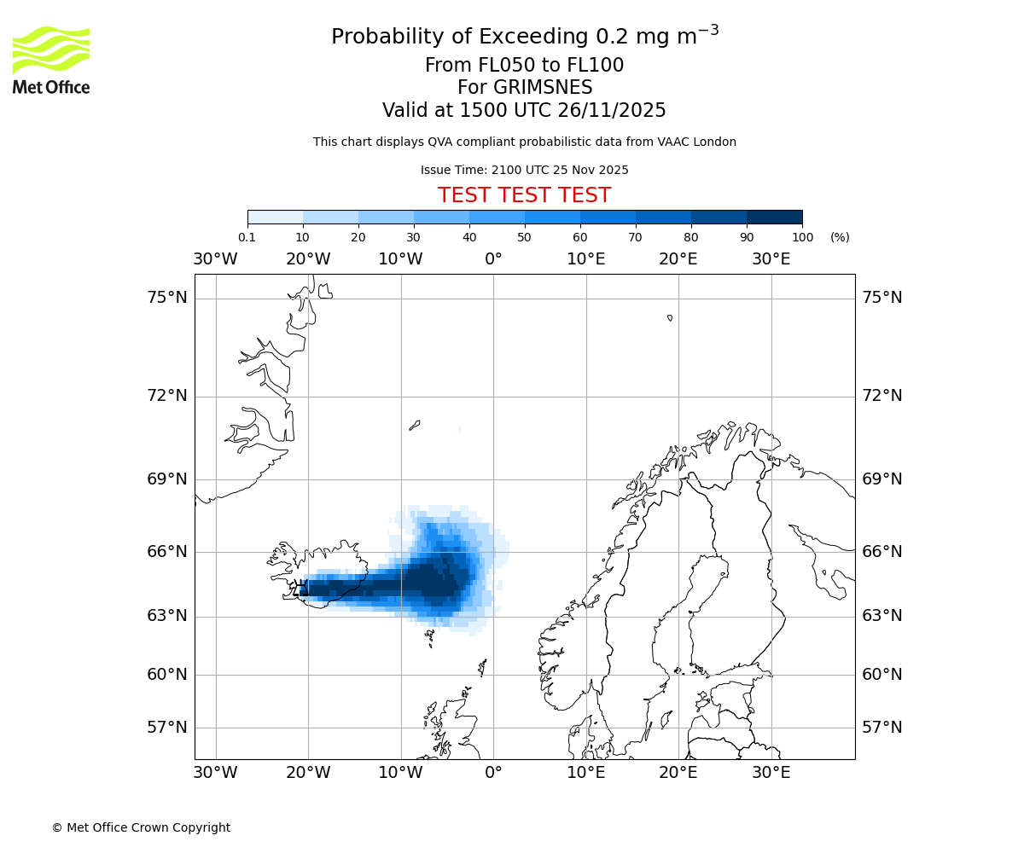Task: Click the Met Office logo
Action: tap(51, 60)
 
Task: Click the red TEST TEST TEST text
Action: tap(524, 195)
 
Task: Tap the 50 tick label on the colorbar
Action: tap(524, 237)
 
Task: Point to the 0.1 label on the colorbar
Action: tap(247, 237)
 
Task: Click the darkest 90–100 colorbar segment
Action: tap(774, 217)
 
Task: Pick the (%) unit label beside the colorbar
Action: tap(840, 237)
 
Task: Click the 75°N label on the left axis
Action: tap(167, 298)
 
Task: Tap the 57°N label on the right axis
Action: tap(881, 728)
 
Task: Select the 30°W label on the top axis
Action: tap(215, 259)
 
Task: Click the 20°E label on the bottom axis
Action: tap(678, 773)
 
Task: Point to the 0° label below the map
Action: tap(493, 773)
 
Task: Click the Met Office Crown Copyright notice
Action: tap(141, 827)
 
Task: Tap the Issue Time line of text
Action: tap(524, 170)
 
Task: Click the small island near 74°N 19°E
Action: tap(670, 318)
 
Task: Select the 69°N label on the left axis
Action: tap(167, 479)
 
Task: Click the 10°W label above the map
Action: tap(400, 259)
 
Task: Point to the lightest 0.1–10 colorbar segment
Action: tap(276, 217)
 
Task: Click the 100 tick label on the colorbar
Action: tap(802, 237)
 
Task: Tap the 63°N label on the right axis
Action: tap(881, 616)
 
